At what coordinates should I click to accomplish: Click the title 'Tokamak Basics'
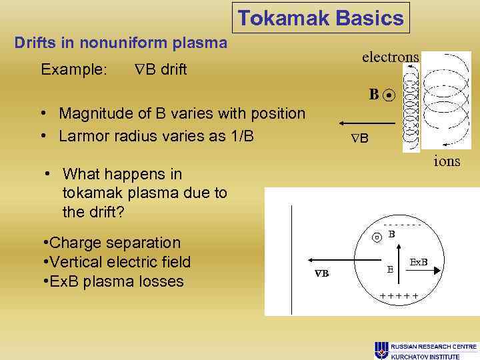[x=321, y=18]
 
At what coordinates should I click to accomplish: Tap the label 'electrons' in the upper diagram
[x=390, y=57]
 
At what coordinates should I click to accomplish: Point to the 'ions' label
[x=446, y=161]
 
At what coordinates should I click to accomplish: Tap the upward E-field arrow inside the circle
[x=400, y=253]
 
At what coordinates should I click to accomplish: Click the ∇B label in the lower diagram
[x=321, y=274]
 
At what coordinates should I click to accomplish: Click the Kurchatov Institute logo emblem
[x=381, y=349]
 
